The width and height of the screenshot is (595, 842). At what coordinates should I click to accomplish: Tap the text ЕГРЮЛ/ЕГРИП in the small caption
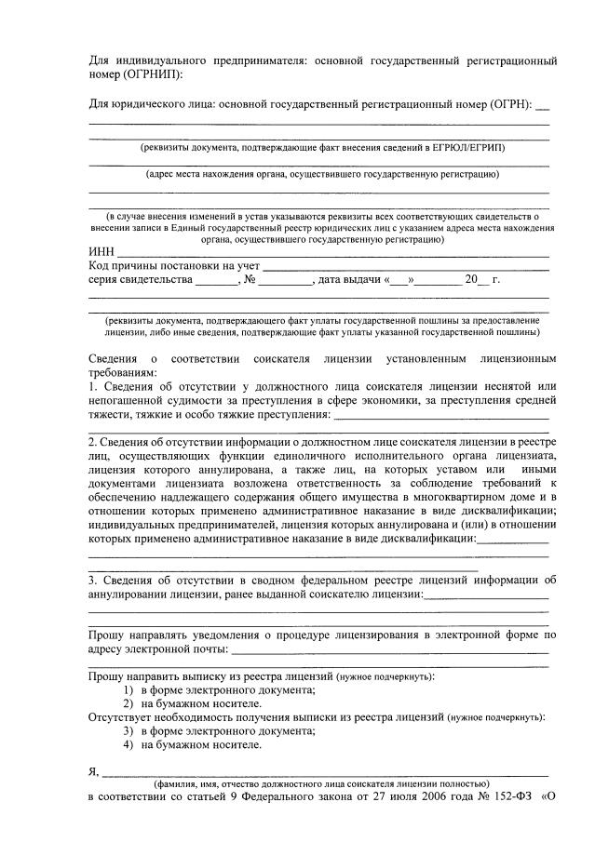468,148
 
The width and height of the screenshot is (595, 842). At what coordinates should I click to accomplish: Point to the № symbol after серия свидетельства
248,279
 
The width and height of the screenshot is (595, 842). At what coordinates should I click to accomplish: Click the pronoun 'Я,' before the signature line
93,771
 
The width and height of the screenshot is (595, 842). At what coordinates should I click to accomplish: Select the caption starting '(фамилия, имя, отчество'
321,784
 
